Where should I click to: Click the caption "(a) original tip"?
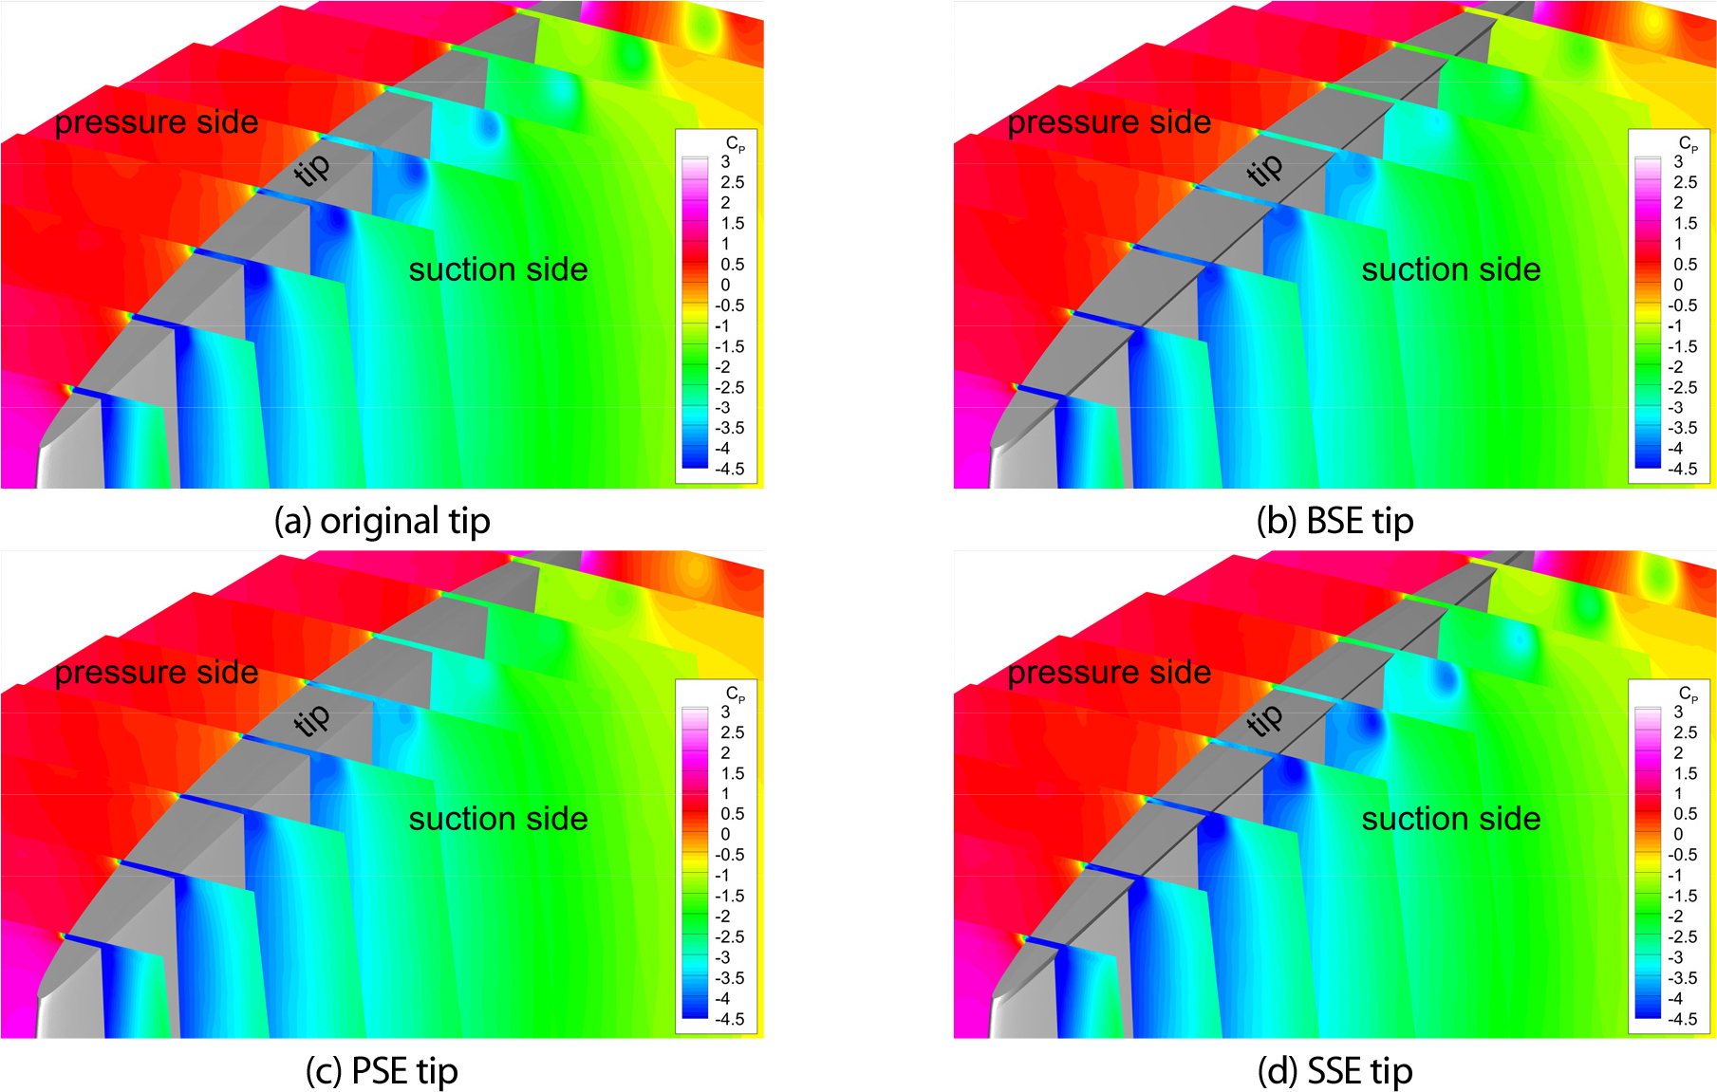(382, 521)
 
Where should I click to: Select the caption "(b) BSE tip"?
(1334, 521)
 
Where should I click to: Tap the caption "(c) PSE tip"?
(382, 1071)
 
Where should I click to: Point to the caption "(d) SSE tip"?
(1334, 1071)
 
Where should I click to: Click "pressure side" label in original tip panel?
(157, 122)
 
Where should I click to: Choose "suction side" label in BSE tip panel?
(1450, 269)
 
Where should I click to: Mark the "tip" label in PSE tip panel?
(312, 719)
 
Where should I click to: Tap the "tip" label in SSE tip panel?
(1265, 719)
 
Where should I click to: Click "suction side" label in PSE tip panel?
(498, 819)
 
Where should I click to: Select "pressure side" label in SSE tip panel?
(1109, 673)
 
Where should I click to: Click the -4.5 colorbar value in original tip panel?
(729, 469)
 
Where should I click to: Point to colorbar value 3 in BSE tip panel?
(1678, 161)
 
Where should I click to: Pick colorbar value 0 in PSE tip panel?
(725, 834)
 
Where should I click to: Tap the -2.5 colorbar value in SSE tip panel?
(1682, 936)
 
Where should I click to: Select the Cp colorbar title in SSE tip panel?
(1688, 694)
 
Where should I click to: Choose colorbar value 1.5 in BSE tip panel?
(1685, 223)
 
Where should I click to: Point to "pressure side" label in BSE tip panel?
(1109, 122)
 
